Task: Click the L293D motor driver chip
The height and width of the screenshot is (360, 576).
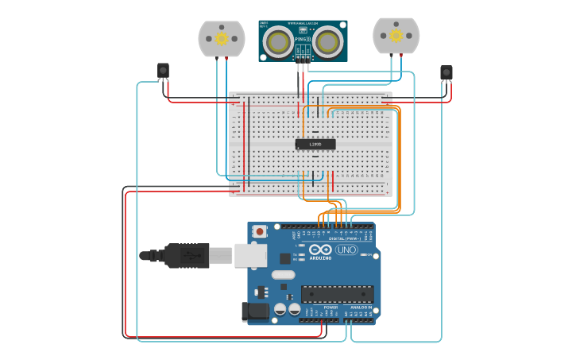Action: pos(315,144)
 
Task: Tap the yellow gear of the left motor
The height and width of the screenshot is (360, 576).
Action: pos(222,38)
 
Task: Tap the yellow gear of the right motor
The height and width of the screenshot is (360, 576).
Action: pos(396,35)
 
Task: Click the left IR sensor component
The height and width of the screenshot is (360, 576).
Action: pos(163,72)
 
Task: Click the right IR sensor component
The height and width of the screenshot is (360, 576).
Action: pos(446,73)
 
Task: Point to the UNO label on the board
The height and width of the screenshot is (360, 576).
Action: pos(346,250)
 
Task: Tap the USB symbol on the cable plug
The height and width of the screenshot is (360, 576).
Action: pos(189,256)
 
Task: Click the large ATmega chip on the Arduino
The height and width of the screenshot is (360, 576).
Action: pos(337,294)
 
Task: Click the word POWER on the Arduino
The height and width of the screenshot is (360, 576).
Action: pos(331,307)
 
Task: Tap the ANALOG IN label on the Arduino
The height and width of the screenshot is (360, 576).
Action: pos(361,307)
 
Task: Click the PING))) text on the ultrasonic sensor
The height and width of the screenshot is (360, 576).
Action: pos(303,39)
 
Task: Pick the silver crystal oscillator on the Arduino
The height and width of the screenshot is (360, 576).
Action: pos(282,275)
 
